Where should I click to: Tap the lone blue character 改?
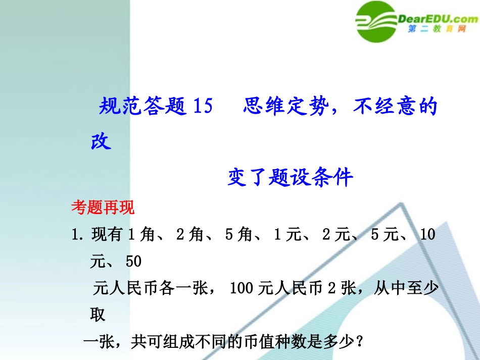coord(101,141)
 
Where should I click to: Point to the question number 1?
coord(77,235)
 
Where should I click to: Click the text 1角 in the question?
coord(140,235)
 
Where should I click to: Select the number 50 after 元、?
coord(133,262)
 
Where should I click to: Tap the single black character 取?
coord(98,315)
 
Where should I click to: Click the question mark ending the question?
coord(359,342)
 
